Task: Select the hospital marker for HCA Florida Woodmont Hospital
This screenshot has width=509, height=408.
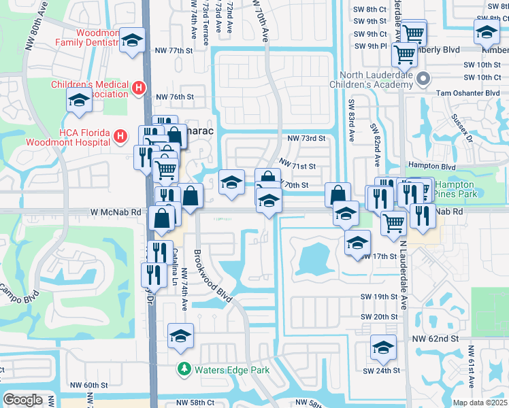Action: click(x=120, y=136)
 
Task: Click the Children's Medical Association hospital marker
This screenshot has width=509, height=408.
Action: click(x=139, y=88)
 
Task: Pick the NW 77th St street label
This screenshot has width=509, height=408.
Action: click(x=175, y=51)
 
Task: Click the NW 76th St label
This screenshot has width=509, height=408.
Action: click(x=175, y=97)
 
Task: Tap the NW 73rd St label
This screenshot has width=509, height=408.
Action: click(x=307, y=138)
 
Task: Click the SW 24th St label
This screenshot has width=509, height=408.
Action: click(x=379, y=371)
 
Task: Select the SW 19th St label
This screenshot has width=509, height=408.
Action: click(x=379, y=297)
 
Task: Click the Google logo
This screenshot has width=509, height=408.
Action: click(x=22, y=400)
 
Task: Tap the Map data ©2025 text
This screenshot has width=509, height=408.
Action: click(x=480, y=403)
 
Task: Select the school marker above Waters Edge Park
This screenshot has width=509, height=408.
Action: click(x=181, y=336)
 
